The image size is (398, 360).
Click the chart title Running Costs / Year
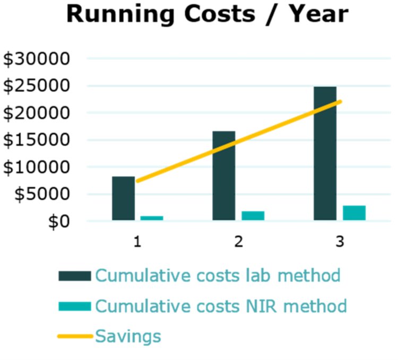pos(207,15)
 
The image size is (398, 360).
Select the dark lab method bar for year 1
pos(123,198)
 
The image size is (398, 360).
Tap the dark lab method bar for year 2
pos(224,175)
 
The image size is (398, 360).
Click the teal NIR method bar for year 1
pos(152,217)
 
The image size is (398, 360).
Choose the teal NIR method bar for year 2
pos(253,215)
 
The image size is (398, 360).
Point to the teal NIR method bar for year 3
pos(354,212)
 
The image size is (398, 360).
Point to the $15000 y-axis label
pos(37,140)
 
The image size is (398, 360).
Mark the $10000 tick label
pos(37,167)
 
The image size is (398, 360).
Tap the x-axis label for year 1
pos(137,242)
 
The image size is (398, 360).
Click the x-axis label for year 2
pos(238,242)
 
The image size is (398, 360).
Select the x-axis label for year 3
pos(340,242)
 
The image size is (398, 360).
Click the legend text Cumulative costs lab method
pos(218,276)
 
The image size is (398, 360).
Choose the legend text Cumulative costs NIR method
pos(221,306)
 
